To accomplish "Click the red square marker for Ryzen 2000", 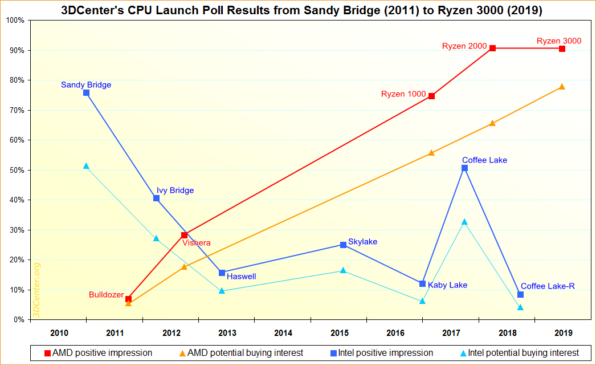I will [492, 48].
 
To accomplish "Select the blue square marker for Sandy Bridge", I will [86, 92].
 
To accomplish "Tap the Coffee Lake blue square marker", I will [464, 168].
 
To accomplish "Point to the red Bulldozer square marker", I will [129, 299].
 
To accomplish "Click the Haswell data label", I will [241, 277].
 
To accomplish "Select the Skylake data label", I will [362, 242].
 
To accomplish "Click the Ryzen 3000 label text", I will [559, 40].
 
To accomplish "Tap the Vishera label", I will [197, 243].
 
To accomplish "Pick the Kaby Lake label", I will [447, 285].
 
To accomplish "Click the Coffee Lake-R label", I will [548, 286].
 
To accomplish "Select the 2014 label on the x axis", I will [283, 332].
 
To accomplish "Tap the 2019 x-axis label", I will [564, 332].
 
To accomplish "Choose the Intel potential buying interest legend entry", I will [519, 353].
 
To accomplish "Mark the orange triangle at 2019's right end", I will [562, 87].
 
